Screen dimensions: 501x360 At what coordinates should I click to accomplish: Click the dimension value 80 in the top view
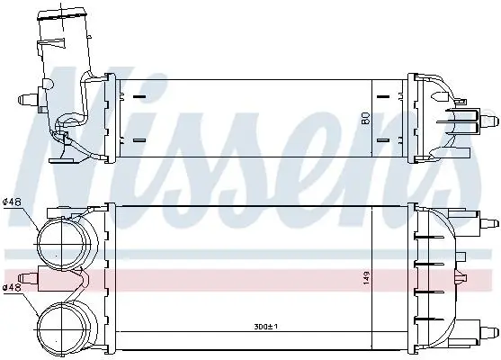(366, 118)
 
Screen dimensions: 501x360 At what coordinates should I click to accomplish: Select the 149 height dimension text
(366, 278)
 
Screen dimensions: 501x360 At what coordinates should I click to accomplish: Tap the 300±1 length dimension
(265, 327)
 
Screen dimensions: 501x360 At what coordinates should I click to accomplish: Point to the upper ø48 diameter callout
(12, 202)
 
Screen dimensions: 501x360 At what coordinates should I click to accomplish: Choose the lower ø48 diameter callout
(12, 287)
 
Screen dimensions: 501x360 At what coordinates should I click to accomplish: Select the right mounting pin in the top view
(489, 121)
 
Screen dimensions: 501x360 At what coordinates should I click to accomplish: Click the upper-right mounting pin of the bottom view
(489, 222)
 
